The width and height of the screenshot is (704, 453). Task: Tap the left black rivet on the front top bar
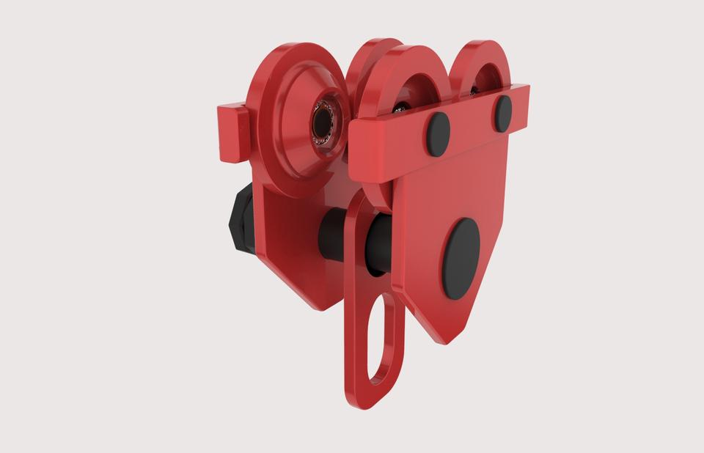pos(438,134)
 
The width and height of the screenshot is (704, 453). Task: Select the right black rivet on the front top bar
pos(503,112)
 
